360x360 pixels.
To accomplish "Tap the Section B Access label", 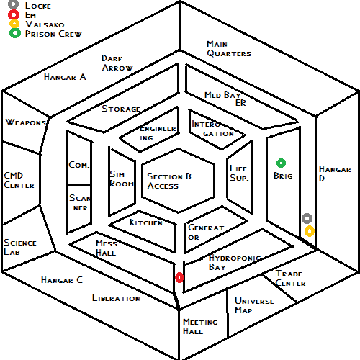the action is tap(169, 181).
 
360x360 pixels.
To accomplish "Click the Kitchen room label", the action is tap(146, 222).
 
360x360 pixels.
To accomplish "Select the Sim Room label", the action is tap(122, 179).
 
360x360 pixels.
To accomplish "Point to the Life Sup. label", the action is tap(239, 173).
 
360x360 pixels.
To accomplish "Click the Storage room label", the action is tap(121, 109).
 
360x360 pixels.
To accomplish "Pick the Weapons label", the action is tap(26, 122).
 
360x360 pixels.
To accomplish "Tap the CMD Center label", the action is tap(19, 180).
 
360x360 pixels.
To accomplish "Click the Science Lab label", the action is tap(20, 247).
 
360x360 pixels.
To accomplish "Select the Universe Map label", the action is tap(254, 305).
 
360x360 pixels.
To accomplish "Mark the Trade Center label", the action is tap(290, 279).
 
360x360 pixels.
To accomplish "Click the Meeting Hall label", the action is tap(200, 326).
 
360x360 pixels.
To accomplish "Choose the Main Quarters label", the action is tap(229, 49).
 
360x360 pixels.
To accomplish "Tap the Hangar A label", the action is tap(65, 77).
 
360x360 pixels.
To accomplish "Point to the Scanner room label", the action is tap(80, 202).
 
